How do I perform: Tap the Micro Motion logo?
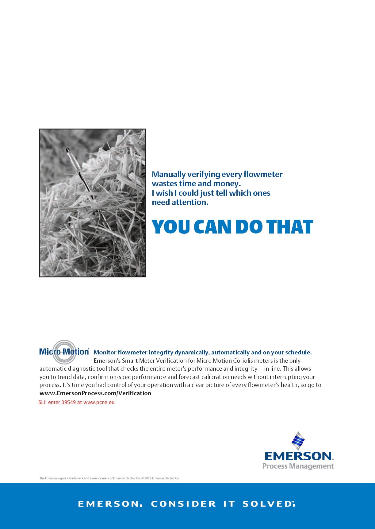64,352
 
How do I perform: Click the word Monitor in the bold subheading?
105,352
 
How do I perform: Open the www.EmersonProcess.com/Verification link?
95,393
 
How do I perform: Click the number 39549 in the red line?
69,402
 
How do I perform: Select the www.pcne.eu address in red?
99,402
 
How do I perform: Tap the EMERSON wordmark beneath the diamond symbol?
298,456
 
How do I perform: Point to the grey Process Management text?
298,466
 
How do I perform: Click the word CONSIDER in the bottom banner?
183,504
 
